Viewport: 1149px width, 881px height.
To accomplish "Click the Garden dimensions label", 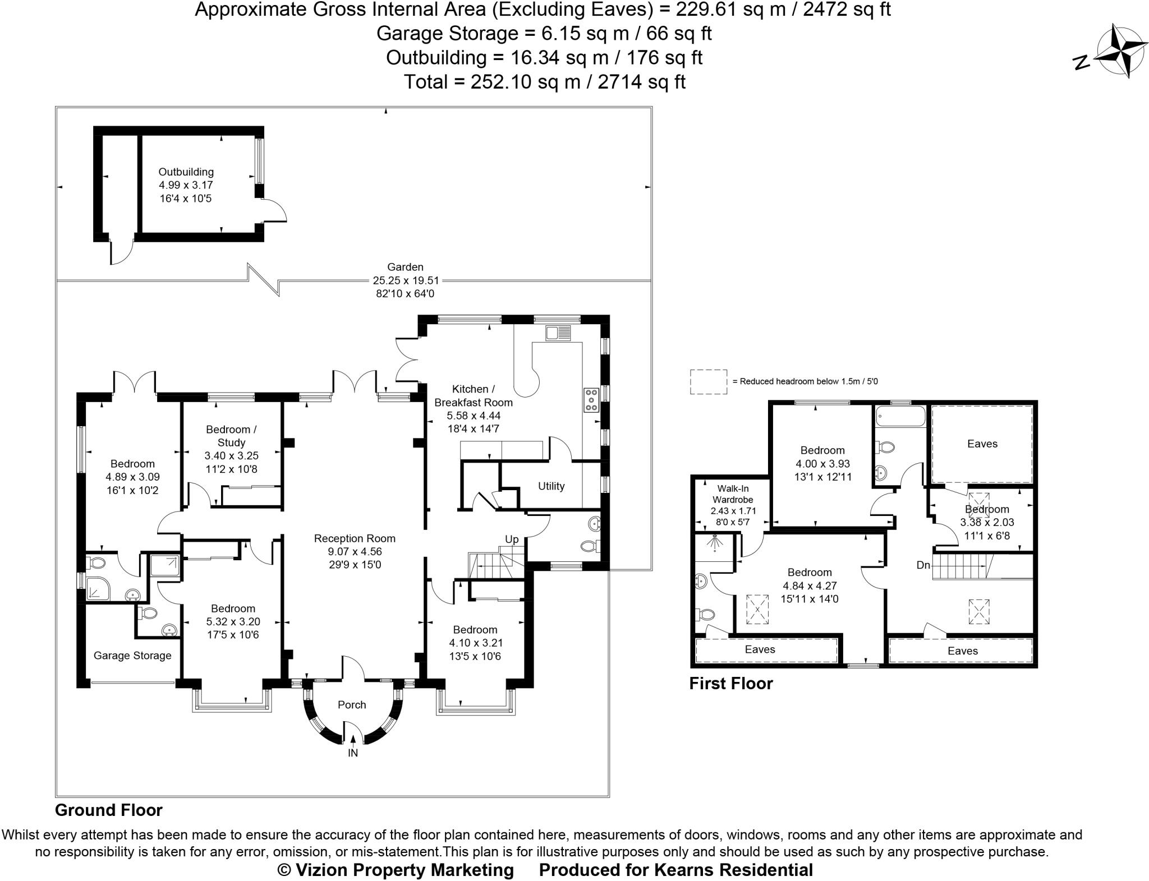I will (406, 280).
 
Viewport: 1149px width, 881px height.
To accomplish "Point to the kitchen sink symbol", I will (558, 334).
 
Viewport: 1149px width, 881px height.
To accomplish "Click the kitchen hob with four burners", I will (591, 400).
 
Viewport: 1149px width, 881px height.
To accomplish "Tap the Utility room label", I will (551, 486).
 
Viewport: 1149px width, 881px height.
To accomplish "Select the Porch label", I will (352, 705).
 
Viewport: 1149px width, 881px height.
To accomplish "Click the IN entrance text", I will (352, 753).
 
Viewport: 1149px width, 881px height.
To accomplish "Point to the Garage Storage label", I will (132, 656).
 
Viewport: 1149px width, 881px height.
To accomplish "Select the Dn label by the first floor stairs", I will (923, 565).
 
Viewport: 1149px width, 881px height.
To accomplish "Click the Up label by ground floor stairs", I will (512, 539).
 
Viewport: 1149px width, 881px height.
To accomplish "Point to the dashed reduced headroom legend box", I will (708, 382).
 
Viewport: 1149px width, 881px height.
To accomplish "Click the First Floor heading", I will (730, 684).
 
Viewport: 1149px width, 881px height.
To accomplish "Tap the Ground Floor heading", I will (109, 810).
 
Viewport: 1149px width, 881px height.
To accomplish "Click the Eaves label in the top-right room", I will (982, 444).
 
